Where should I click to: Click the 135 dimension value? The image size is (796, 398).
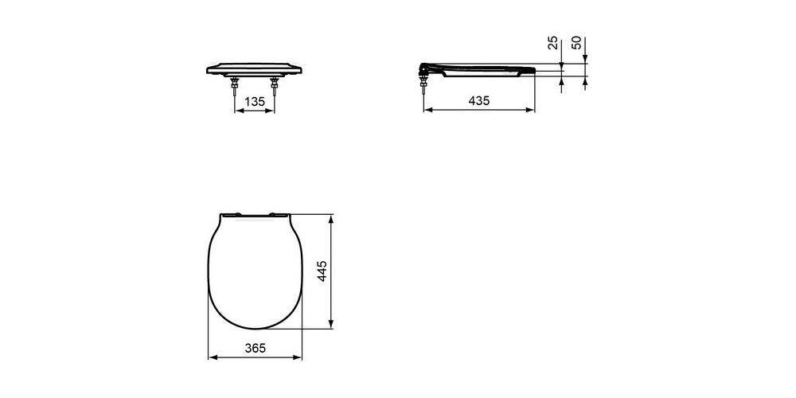(x=254, y=101)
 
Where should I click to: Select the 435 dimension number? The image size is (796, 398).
(x=478, y=101)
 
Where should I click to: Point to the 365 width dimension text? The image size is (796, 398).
(x=255, y=348)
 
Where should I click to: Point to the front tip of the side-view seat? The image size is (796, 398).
(x=532, y=72)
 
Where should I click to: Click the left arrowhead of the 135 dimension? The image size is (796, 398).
(x=236, y=111)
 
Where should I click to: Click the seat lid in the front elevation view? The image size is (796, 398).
(x=254, y=67)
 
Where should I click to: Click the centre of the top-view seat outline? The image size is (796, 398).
(x=255, y=271)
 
